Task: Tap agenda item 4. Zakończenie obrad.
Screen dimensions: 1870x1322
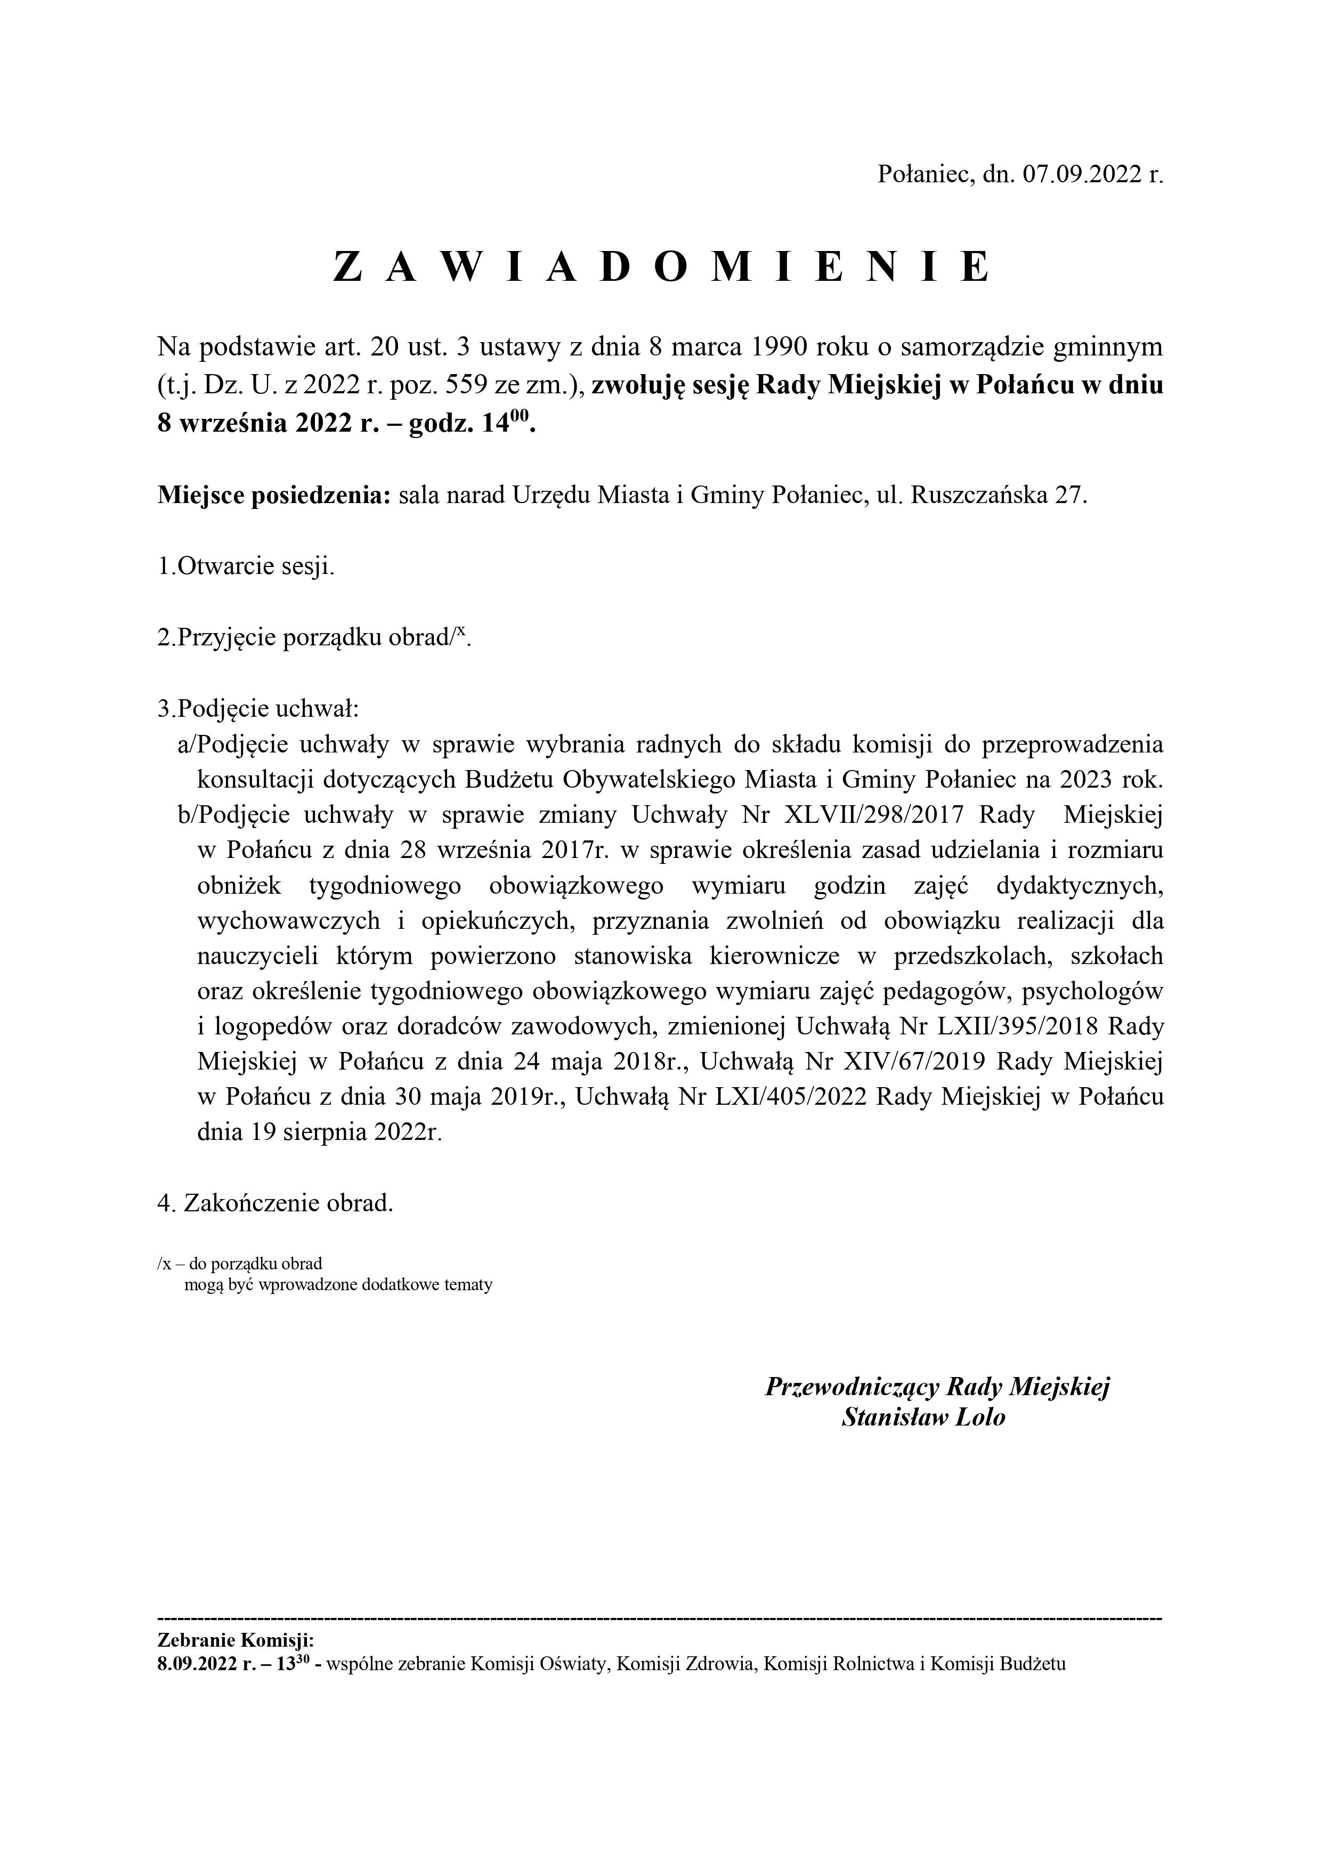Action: (275, 1203)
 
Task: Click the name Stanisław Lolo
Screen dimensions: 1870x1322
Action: (923, 1417)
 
